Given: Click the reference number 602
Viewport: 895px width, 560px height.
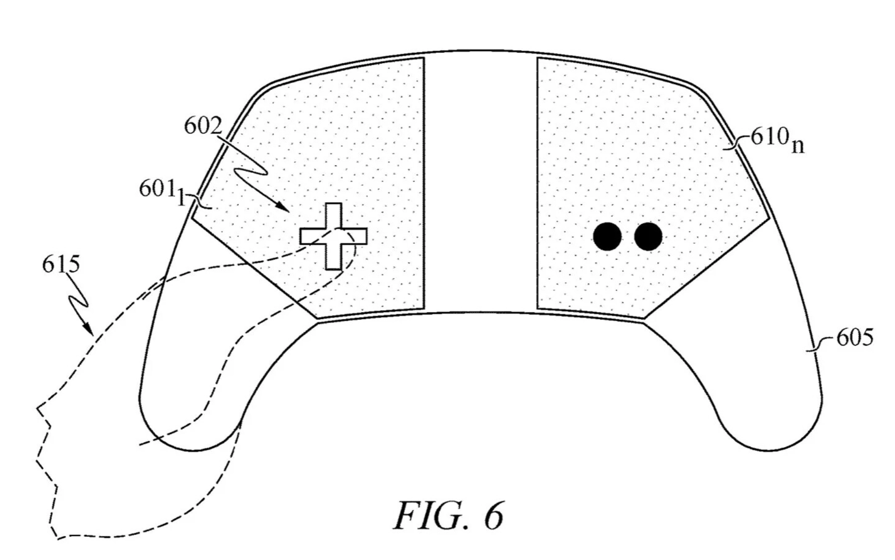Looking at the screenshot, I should [203, 126].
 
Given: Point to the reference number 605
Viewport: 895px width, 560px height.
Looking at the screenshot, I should [854, 338].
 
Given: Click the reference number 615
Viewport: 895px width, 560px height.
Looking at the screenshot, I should [61, 265].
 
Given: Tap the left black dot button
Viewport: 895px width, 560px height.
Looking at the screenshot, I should [607, 237].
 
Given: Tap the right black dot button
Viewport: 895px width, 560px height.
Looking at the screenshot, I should [648, 237].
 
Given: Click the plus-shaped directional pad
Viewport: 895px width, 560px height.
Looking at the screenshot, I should [333, 236].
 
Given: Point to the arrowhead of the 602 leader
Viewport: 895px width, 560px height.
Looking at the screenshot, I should [286, 210].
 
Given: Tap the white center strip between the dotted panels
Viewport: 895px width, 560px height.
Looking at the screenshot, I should [481, 183].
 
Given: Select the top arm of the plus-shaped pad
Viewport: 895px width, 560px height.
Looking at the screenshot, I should [333, 215].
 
